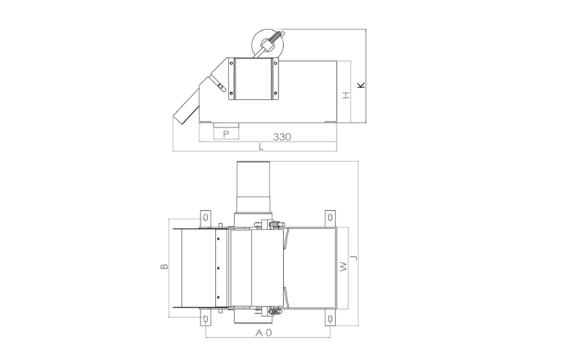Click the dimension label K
(361, 85)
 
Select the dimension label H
(346, 95)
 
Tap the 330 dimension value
(282, 137)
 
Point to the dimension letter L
(261, 147)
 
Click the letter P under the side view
(226, 134)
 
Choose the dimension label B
(165, 266)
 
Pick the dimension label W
(343, 267)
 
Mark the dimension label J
(353, 257)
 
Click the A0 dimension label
(264, 333)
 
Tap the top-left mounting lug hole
(206, 217)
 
